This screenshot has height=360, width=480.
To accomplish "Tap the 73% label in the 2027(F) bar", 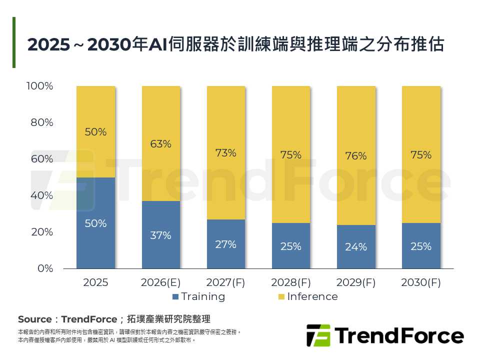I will [225, 153].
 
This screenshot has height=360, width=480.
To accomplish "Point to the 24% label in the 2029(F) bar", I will [355, 247].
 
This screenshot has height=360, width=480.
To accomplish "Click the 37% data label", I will [160, 235].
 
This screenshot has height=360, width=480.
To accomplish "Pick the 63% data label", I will [160, 144].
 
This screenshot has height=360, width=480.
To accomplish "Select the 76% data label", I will [355, 156].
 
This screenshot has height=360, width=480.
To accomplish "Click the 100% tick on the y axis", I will [40, 86].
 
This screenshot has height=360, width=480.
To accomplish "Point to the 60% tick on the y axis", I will [42, 159].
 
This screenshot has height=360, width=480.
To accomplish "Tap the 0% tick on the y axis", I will [45, 268].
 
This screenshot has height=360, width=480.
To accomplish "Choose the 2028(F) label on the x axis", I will [290, 282].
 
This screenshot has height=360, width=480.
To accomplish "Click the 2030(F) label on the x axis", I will [420, 282].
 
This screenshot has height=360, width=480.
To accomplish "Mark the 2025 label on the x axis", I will [95, 282].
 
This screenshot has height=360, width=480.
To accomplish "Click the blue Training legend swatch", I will [175, 297].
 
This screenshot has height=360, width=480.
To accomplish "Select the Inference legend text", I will [312, 296].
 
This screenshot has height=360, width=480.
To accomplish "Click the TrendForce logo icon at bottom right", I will [318, 335].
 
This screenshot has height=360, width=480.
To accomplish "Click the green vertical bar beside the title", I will [14, 42].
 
